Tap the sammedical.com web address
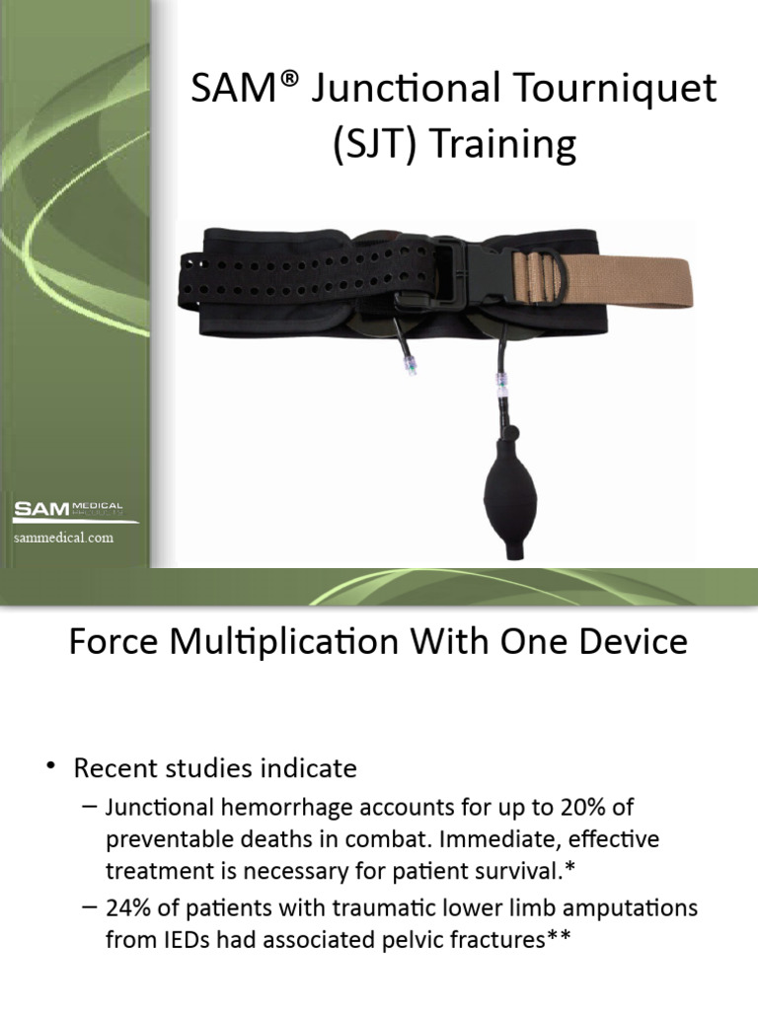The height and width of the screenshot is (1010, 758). click(x=63, y=538)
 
